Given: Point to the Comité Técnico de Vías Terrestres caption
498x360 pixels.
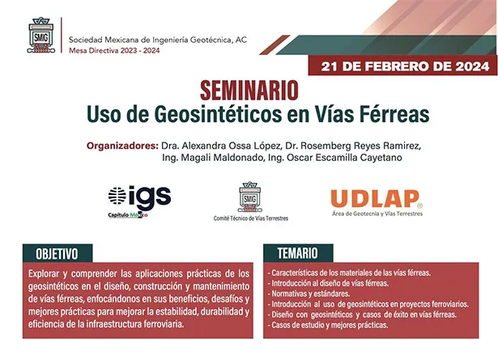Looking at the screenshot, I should [x=250, y=218].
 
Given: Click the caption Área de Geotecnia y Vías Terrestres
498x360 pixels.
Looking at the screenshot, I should [x=377, y=214].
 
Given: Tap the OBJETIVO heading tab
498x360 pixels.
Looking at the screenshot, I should [x=62, y=252].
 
